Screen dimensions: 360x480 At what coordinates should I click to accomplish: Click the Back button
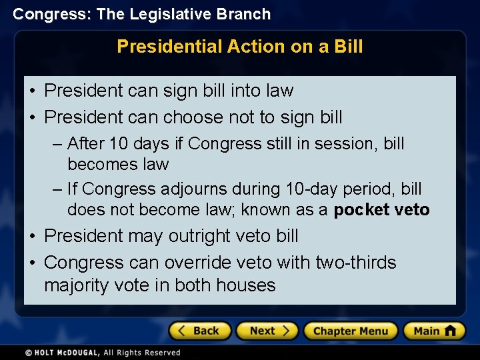tap(200, 331)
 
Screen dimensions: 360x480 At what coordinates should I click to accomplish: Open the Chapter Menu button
tap(351, 331)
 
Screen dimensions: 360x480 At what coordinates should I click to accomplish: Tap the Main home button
tap(434, 331)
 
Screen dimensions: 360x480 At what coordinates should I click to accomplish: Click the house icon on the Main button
tap(450, 330)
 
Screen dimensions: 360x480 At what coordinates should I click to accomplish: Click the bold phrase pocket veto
tap(381, 210)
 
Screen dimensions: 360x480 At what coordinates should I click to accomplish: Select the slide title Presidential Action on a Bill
tap(240, 47)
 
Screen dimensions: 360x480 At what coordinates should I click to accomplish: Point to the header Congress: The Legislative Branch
tap(141, 14)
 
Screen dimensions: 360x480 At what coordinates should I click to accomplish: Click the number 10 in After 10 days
tap(117, 143)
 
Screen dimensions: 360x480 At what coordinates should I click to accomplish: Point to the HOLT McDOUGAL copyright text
tap(103, 352)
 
